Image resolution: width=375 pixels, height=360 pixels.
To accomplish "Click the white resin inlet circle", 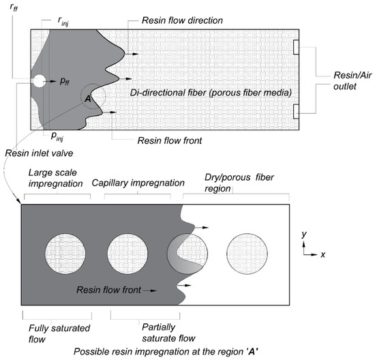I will pos(38,81).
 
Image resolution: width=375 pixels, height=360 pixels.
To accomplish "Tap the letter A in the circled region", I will pos(87,99).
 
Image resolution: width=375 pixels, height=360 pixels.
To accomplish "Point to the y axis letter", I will pos(305,235).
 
